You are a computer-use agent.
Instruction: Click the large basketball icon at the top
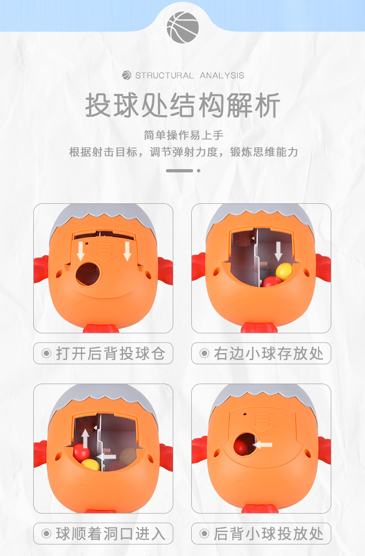pos(182,27)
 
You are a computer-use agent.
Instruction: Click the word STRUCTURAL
pos(164,75)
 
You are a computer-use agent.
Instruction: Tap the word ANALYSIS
pos(222,75)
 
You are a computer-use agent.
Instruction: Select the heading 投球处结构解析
pos(182,106)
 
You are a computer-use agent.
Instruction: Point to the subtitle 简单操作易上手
pos(183,135)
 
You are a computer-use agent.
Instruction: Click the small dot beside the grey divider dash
pos(199,171)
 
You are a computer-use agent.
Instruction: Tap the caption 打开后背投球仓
pos(110,354)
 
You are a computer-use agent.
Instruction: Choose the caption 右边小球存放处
pos(268,354)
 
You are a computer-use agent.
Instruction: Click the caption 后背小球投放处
pos(268,534)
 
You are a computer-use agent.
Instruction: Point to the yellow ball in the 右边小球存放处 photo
pos(284,270)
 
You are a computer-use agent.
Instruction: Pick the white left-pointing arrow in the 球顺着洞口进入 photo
pos(107,455)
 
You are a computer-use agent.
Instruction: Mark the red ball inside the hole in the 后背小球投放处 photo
pos(241,446)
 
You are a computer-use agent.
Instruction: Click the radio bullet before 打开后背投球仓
pos(46,354)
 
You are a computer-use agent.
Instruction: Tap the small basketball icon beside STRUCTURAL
pos(127,75)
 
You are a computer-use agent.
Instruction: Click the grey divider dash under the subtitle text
pos(179,171)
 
